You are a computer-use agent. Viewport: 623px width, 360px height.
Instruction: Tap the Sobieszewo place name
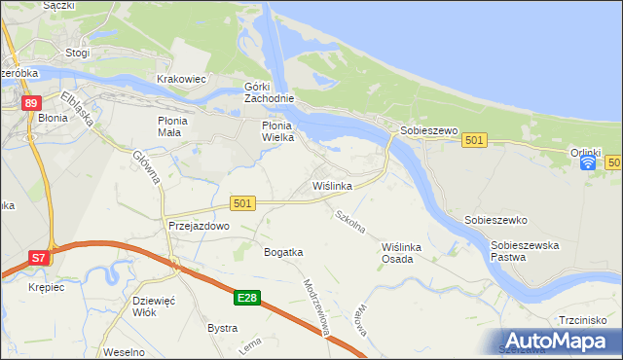[x=425, y=129]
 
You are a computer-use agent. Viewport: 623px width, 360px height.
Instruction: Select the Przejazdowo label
[x=198, y=225]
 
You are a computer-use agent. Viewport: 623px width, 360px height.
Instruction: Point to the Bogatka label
[x=283, y=252]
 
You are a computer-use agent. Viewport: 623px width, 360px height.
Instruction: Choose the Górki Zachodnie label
[x=268, y=93]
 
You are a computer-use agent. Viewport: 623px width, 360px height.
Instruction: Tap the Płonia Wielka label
[x=284, y=131]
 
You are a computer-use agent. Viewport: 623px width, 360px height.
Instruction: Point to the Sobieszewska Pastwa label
[x=525, y=251]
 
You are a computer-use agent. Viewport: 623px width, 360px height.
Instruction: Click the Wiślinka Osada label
[x=404, y=253]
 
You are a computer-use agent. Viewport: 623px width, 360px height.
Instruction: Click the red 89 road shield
[x=32, y=103]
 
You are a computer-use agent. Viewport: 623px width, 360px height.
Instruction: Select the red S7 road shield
[x=38, y=258]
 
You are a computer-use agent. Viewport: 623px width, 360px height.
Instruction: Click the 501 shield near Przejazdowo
[x=243, y=202]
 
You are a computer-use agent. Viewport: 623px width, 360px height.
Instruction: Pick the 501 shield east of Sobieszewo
[x=474, y=141]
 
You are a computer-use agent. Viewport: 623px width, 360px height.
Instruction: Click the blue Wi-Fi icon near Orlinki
[x=588, y=162]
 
